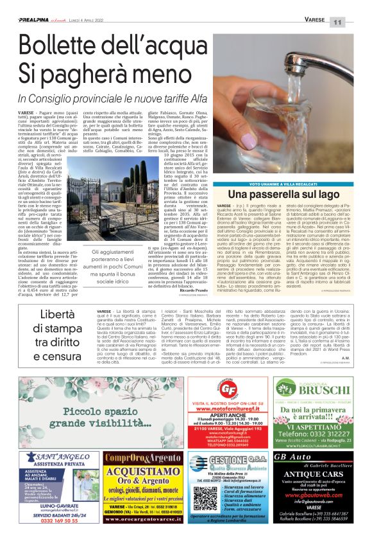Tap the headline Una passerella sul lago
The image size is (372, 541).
pos(282,193)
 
